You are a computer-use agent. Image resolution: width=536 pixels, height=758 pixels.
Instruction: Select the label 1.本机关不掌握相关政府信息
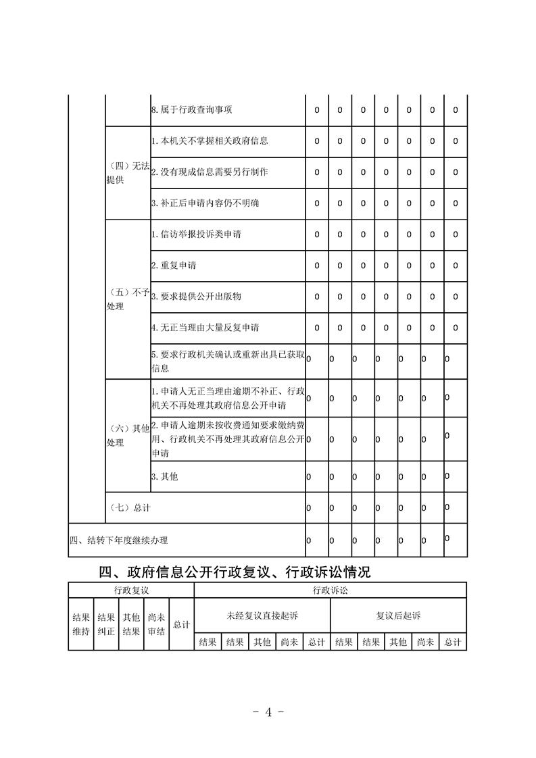pos(210,141)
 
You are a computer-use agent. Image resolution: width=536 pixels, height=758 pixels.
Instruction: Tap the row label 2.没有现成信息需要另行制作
pos(210,172)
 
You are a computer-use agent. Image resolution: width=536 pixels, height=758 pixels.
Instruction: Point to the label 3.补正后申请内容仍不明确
pos(205,203)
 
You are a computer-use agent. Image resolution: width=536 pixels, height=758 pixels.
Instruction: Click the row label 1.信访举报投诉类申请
pos(196,234)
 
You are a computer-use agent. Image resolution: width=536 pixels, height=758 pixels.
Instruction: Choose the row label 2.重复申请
pos(174,266)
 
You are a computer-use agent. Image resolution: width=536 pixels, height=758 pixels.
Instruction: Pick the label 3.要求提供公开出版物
pos(196,297)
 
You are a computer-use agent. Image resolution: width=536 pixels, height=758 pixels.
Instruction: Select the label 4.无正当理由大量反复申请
pos(205,328)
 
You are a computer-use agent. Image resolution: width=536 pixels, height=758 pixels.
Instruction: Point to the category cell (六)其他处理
pos(128,435)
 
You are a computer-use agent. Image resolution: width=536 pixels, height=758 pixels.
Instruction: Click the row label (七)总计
pos(129,507)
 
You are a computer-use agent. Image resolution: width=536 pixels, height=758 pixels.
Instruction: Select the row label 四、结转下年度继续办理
pos(119,540)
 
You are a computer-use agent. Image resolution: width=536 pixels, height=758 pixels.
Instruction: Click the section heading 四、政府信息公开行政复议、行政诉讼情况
pos(235,573)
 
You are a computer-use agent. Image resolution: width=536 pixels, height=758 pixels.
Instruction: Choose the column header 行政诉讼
pos(330,590)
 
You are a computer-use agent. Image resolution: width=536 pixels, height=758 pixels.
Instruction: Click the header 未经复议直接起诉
pos(262,616)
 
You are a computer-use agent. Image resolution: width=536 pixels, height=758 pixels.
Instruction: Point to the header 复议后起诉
pos(398,616)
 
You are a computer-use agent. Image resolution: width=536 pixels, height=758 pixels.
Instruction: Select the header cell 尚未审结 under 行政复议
pos(156,624)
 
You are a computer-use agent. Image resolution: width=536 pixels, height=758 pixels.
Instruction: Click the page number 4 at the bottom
pos(268,712)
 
